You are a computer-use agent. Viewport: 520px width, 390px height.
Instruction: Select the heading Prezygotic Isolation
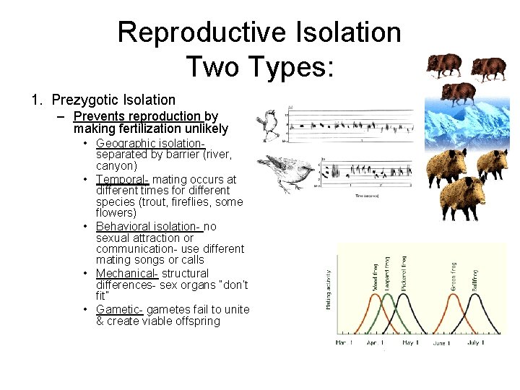pyautogui.click(x=113, y=100)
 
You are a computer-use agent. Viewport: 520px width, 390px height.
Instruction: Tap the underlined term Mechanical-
pyautogui.click(x=126, y=273)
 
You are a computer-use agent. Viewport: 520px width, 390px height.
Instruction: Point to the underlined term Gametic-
pyautogui.click(x=119, y=309)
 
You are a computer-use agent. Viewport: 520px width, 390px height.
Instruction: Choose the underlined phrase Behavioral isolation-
pyautogui.click(x=148, y=226)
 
